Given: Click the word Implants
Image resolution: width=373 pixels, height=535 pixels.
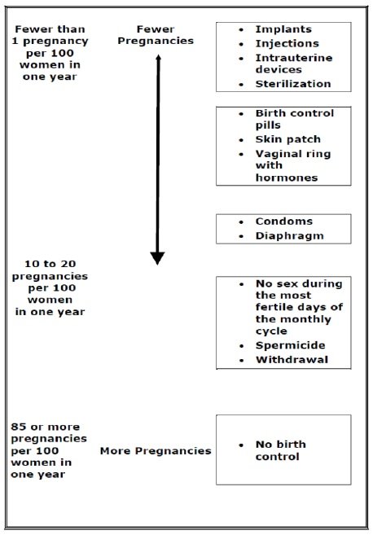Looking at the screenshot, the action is (x=283, y=29).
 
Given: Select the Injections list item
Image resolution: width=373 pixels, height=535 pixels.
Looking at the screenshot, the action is (x=287, y=44).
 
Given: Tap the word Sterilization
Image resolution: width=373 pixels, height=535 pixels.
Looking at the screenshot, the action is (x=293, y=84).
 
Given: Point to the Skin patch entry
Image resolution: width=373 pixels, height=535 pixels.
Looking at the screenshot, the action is (x=288, y=139).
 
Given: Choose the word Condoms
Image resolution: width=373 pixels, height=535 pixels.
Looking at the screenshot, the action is (x=284, y=221).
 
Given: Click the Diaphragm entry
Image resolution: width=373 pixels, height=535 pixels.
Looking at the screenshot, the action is (x=289, y=236).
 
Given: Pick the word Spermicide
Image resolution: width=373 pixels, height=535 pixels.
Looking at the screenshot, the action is (x=290, y=345).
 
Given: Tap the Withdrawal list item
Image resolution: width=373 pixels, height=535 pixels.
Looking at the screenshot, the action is (x=292, y=360).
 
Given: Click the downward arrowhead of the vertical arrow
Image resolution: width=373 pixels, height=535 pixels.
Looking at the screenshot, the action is (x=157, y=258).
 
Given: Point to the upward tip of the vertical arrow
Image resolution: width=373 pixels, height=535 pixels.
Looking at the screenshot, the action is (x=158, y=55).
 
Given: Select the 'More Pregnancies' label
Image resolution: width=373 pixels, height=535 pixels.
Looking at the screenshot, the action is (x=156, y=451).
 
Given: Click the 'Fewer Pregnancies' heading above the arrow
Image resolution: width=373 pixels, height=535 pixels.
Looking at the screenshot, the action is (x=156, y=35).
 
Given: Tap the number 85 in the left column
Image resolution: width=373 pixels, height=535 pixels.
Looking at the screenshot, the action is (x=17, y=427).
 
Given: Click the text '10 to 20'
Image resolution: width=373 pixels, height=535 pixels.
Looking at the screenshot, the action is (x=50, y=264).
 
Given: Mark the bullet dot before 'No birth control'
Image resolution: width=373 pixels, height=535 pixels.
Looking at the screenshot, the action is (x=241, y=445).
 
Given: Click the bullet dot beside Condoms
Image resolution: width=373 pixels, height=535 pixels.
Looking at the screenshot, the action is (x=241, y=222).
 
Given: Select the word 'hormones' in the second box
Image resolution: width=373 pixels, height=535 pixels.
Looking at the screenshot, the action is (x=287, y=178).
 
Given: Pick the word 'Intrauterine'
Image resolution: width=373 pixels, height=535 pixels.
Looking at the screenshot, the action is (x=294, y=58).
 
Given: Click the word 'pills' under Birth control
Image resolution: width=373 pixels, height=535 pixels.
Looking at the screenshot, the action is (x=268, y=125).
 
